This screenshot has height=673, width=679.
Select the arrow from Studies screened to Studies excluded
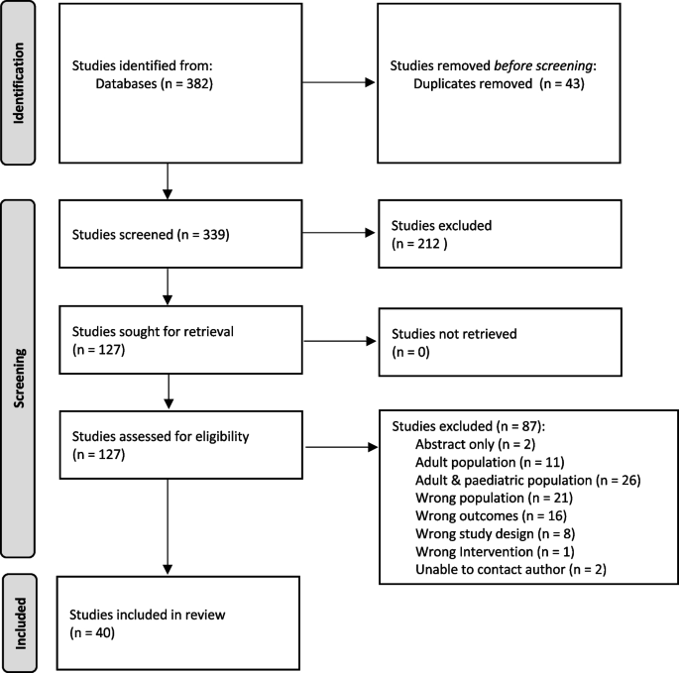[339, 234]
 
